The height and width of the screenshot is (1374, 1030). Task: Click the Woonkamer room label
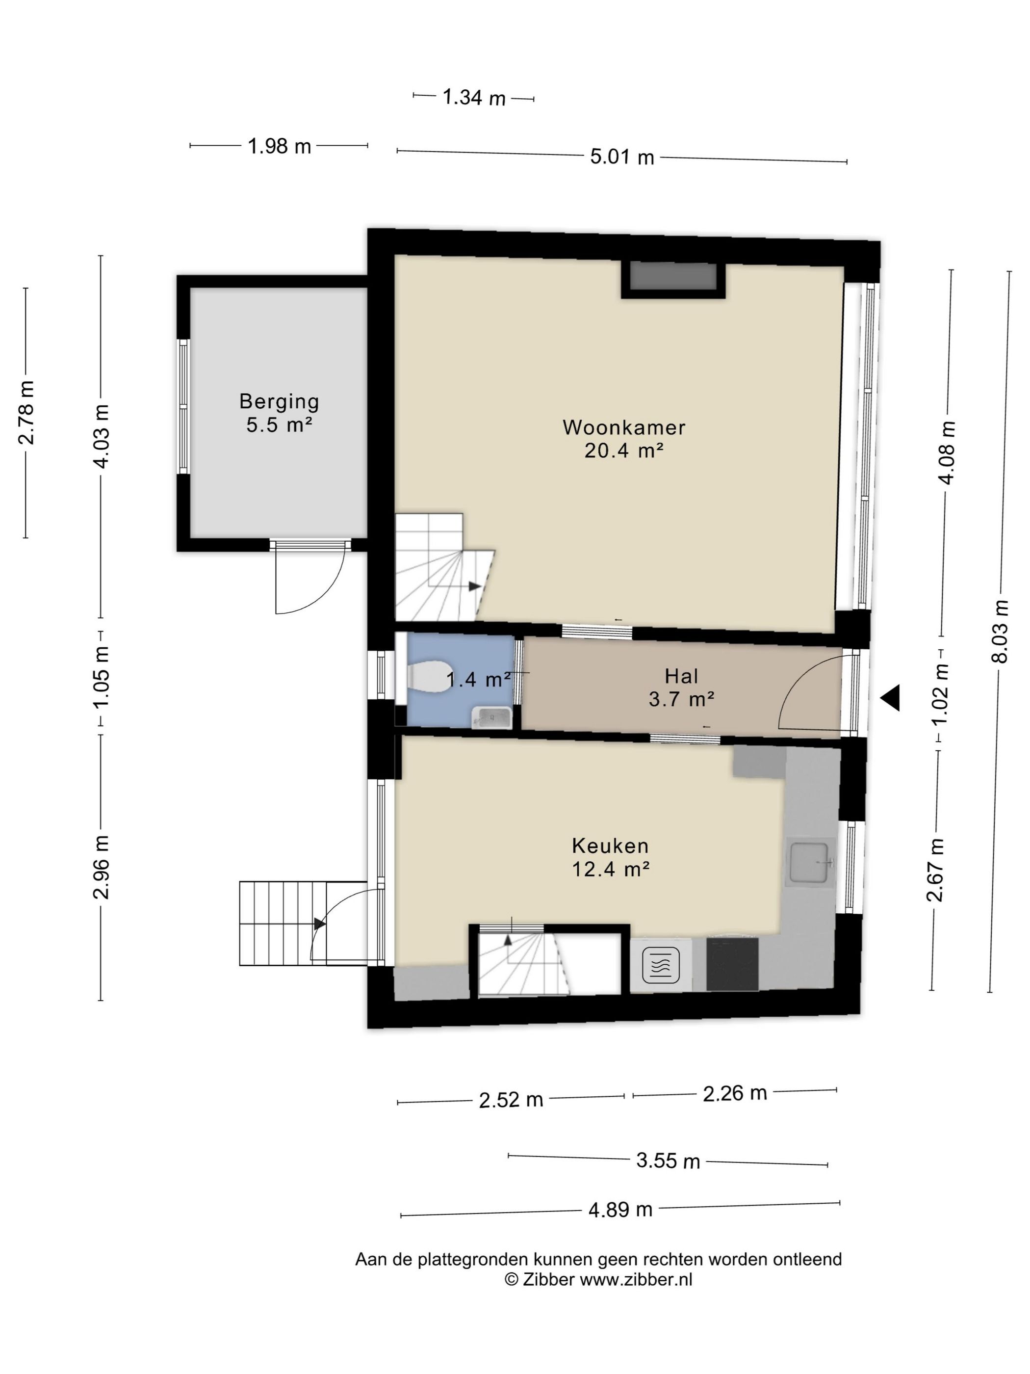tap(623, 427)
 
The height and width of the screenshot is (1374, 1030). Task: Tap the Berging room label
tap(280, 402)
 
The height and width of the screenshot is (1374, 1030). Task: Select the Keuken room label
tap(610, 846)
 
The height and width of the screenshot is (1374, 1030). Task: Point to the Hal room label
tap(681, 676)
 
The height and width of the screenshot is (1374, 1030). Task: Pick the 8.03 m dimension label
tap(1000, 631)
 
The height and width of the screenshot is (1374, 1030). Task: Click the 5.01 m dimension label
tap(622, 157)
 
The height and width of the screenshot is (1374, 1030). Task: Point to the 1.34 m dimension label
tap(474, 98)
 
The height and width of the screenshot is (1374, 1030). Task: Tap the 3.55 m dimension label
tap(668, 1161)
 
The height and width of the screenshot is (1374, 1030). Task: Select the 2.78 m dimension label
tap(26, 413)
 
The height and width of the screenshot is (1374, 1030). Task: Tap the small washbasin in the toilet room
tap(492, 718)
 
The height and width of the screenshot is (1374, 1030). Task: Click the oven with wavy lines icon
tap(661, 965)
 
